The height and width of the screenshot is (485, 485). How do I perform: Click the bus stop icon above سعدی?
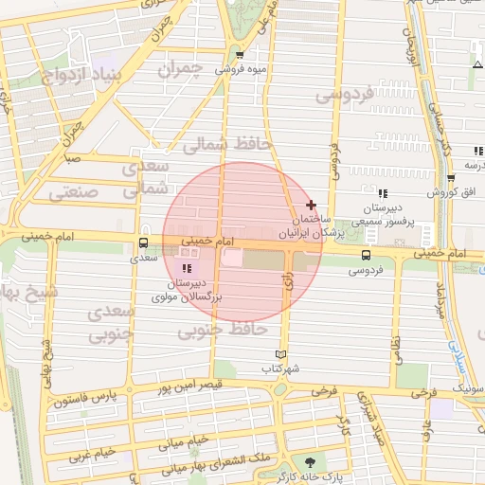[x=144, y=242]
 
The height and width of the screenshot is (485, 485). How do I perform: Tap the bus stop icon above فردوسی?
[x=366, y=255]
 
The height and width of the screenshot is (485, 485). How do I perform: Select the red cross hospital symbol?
[x=312, y=206]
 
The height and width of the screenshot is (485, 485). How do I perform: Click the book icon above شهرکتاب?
[x=278, y=353]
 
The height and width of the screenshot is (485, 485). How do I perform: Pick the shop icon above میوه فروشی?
[x=240, y=55]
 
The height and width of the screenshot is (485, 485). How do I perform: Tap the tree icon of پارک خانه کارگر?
[x=310, y=460]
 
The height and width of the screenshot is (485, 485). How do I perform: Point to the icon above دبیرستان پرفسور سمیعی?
[x=383, y=193]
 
